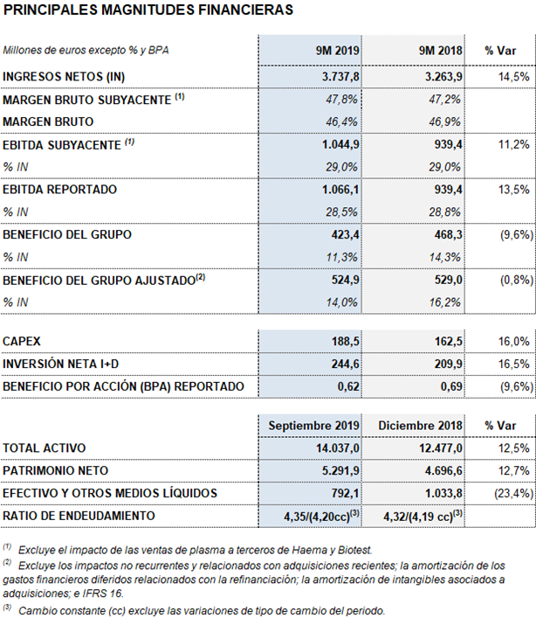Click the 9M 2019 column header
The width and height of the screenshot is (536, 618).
pos(337,51)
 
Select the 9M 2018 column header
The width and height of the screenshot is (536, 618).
pos(440,51)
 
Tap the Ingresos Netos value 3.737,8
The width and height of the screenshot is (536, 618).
pos(340,76)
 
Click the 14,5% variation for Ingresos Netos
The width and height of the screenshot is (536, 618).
pos(513,76)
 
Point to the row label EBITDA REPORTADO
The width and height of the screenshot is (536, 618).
pos(60,190)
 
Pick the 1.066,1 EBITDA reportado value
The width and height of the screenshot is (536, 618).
pos(340,190)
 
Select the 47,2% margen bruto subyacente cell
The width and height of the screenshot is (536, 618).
pos(444,99)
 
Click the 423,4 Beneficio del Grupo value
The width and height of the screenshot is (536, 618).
pos(345,235)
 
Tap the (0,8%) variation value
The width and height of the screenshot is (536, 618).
pos(517,281)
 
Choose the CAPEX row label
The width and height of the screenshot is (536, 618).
pos(22,341)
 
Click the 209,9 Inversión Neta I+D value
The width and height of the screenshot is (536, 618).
pos(448,364)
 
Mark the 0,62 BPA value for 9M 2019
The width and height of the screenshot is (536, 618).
pos(348,386)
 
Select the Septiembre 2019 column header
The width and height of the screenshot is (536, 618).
pos(313,426)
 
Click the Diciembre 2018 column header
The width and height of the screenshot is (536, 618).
pos(420,426)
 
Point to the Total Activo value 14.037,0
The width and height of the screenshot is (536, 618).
pos(338,448)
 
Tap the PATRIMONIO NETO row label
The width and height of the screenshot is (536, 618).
pos(56,470)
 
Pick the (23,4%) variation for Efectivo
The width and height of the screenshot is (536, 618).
pos(513,494)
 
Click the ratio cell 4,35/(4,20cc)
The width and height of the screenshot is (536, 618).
pos(321,516)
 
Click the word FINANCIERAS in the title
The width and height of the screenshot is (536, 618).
pos(245,10)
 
